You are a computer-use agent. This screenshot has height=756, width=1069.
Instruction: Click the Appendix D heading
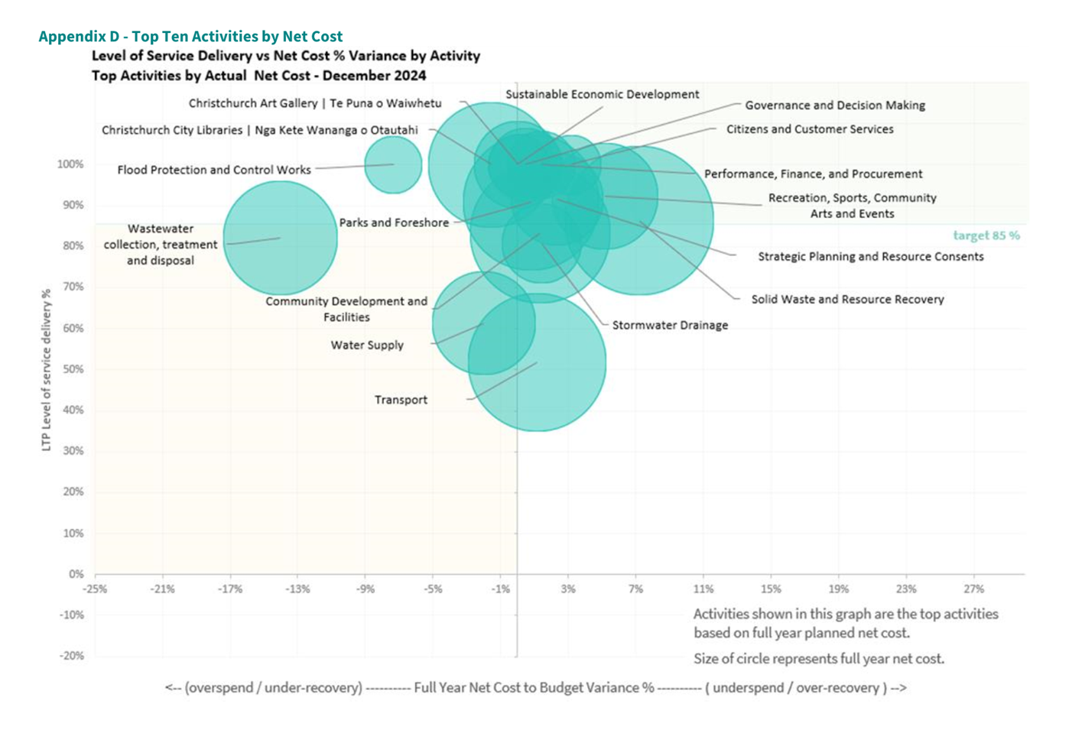(x=190, y=36)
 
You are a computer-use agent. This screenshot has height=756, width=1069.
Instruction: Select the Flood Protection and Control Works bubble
(x=393, y=164)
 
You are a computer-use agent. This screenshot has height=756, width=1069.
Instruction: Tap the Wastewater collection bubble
(x=280, y=238)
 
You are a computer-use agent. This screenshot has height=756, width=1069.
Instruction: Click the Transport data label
(x=401, y=400)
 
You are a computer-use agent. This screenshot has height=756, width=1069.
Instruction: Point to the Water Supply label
(x=367, y=345)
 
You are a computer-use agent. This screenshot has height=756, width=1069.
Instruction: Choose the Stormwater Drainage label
(x=670, y=325)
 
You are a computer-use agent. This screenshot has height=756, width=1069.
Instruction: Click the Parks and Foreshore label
(x=394, y=222)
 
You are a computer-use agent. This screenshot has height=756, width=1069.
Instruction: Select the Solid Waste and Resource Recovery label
(x=847, y=299)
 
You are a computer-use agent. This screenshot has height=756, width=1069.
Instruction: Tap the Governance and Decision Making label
(x=835, y=105)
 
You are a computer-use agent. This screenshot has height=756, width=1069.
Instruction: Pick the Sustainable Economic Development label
(x=602, y=94)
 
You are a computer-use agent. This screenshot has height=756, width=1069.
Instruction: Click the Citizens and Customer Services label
(x=810, y=129)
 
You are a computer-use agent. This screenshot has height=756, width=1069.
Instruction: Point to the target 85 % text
(x=986, y=235)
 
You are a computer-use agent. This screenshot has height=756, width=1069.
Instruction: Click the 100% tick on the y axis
(x=71, y=164)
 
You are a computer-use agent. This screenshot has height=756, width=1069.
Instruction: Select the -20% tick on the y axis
(x=72, y=655)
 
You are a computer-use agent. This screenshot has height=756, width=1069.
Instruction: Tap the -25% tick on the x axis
(x=95, y=589)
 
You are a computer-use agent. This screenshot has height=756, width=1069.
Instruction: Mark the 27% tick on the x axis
(x=973, y=589)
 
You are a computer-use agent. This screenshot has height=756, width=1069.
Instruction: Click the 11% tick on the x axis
(x=703, y=589)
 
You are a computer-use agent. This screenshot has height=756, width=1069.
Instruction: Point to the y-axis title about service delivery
(x=46, y=369)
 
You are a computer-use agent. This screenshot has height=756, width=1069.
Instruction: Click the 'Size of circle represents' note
(x=818, y=658)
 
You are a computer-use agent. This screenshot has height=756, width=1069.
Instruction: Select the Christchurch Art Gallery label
(x=315, y=103)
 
